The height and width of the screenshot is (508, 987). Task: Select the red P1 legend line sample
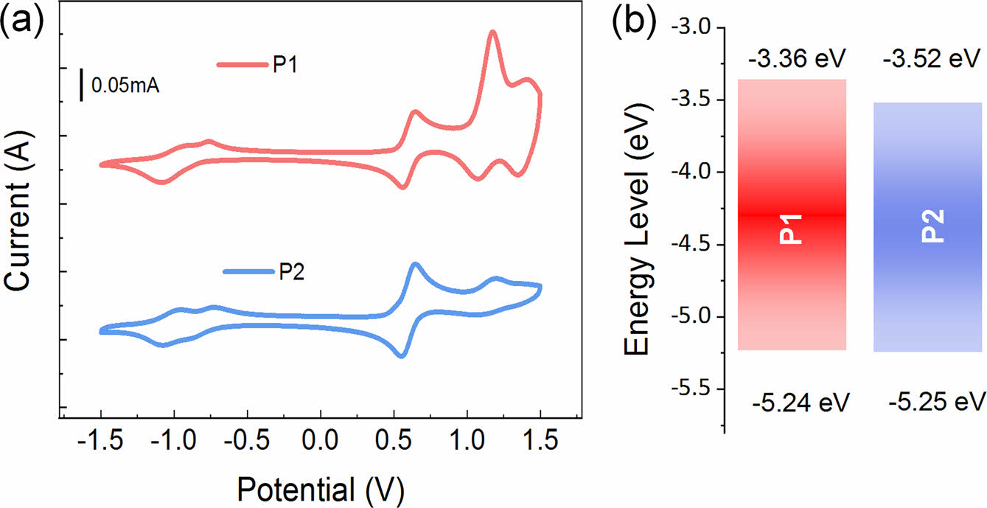241,65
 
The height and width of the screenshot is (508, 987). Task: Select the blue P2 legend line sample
248,272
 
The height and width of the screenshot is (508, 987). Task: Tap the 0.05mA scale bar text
125,86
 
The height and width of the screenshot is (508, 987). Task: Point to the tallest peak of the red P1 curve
492,32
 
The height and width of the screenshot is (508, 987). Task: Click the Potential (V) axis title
320,489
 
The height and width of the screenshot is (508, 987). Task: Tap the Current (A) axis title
20,221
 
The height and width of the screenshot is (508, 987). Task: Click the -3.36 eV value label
796,58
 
